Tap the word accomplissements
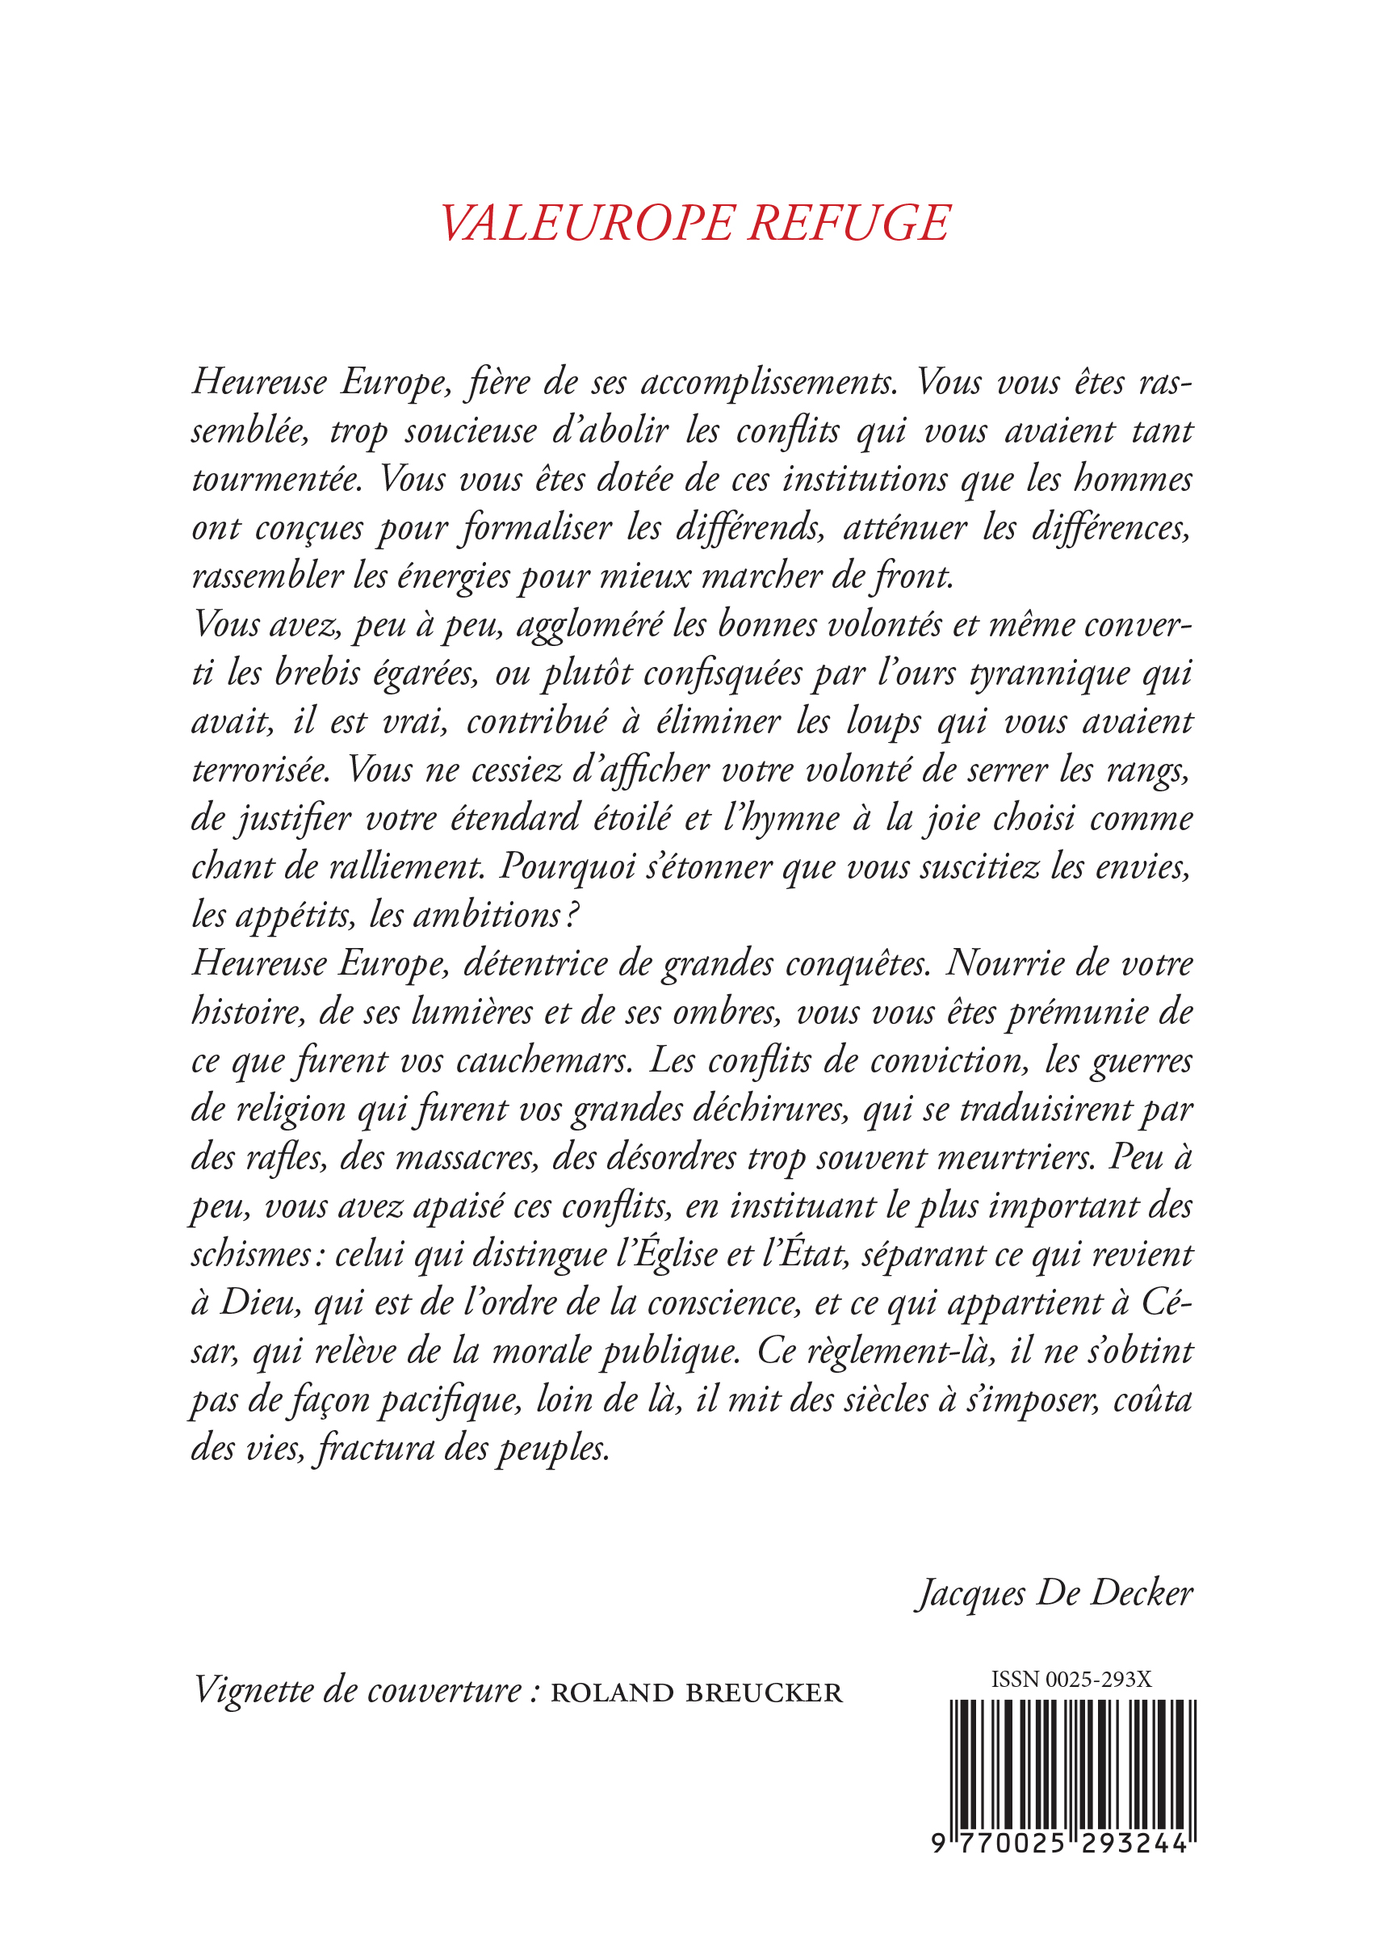[x=769, y=384]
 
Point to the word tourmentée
[x=277, y=480]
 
